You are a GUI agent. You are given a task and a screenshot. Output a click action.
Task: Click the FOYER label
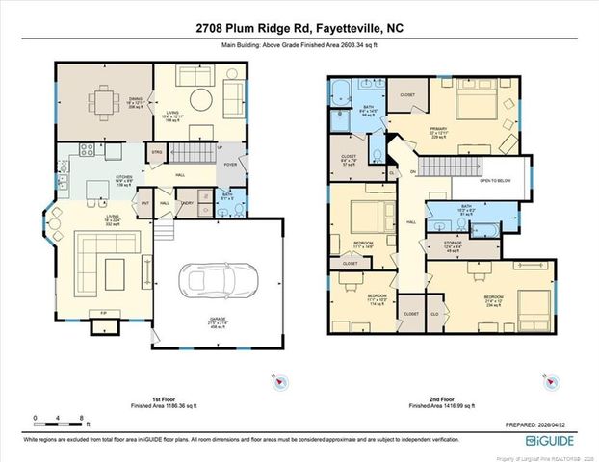[x=229, y=165]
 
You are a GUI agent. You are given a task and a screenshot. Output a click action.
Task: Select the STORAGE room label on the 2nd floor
[x=452, y=243]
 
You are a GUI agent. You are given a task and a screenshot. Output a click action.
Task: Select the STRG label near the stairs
[x=156, y=152]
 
